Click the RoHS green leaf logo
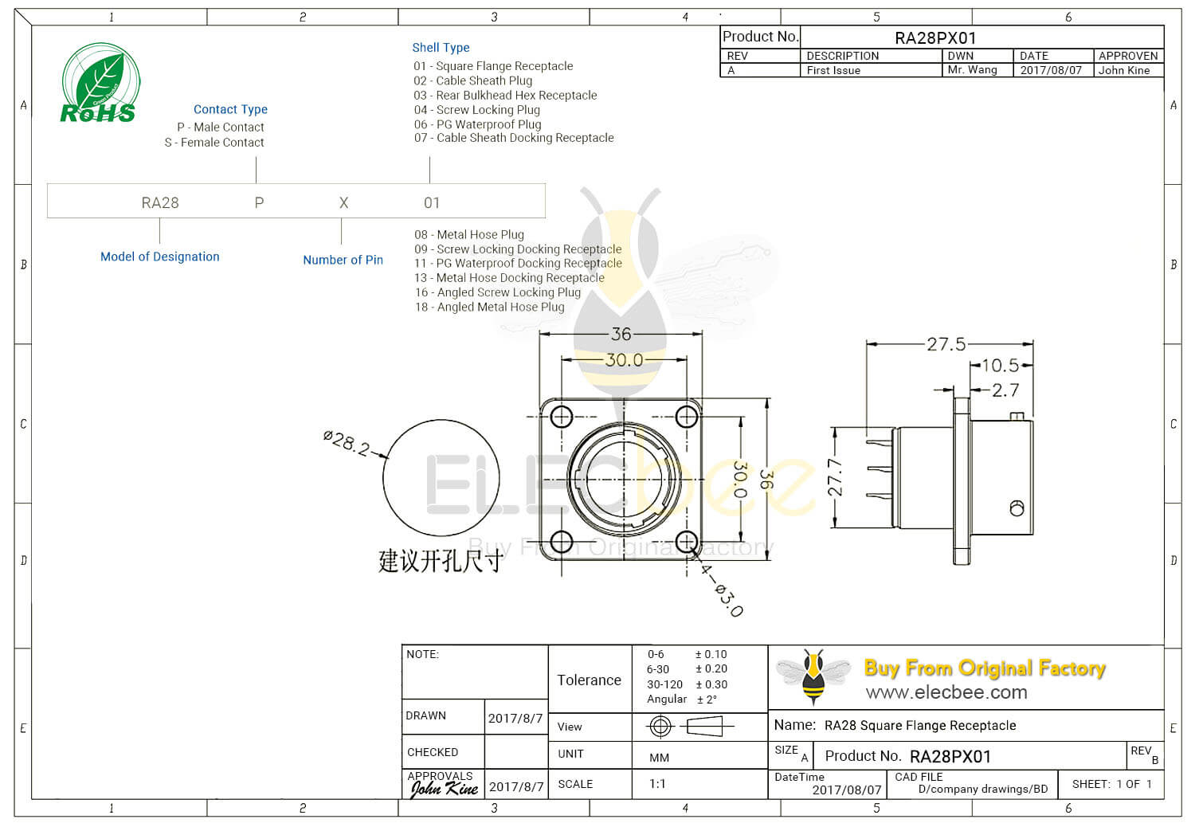(x=100, y=84)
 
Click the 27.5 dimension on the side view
(x=946, y=344)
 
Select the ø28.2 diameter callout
(x=347, y=442)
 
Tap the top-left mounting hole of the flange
(x=562, y=417)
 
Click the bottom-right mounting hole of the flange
(x=686, y=541)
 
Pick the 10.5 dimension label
(x=1000, y=366)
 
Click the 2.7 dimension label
(x=1005, y=390)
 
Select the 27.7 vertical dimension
(x=835, y=477)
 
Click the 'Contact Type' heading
(x=230, y=109)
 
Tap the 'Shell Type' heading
(x=441, y=48)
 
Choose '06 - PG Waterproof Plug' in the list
(x=477, y=124)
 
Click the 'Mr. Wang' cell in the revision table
(x=972, y=70)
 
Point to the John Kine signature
(x=444, y=789)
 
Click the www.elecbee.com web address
(x=946, y=692)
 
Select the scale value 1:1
(x=657, y=784)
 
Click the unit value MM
(x=659, y=758)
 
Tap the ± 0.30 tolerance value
(x=711, y=684)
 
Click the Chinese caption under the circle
(x=440, y=561)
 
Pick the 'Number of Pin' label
(x=343, y=260)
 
